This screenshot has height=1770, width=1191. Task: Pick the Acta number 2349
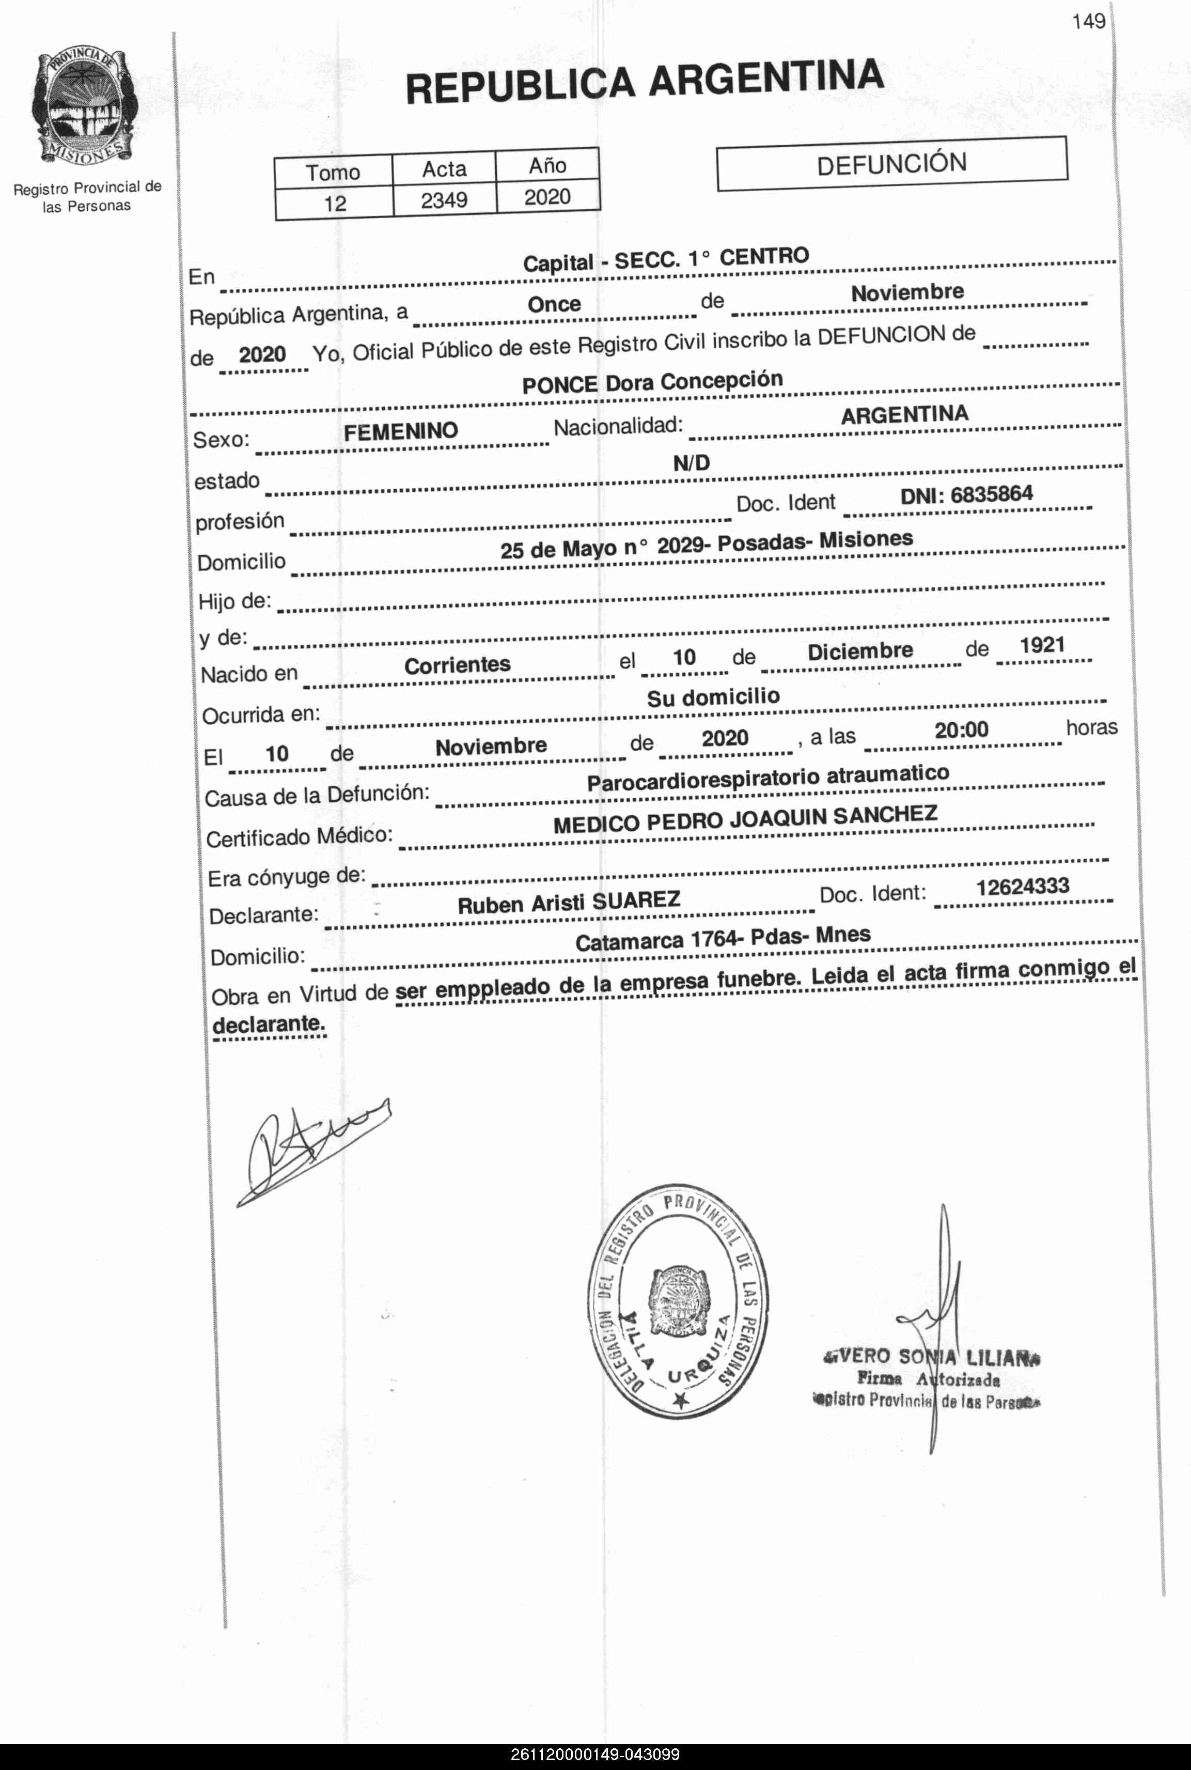pos(444,200)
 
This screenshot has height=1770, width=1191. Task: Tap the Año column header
pos(547,166)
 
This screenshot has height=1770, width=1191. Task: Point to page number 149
pos(1088,21)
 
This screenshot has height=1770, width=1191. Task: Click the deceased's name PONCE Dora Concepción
pos(652,382)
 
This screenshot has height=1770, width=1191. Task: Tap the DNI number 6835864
pos(991,494)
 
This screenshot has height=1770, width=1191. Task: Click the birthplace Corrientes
pos(457,665)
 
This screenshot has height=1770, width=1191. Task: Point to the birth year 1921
pos(1042,646)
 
